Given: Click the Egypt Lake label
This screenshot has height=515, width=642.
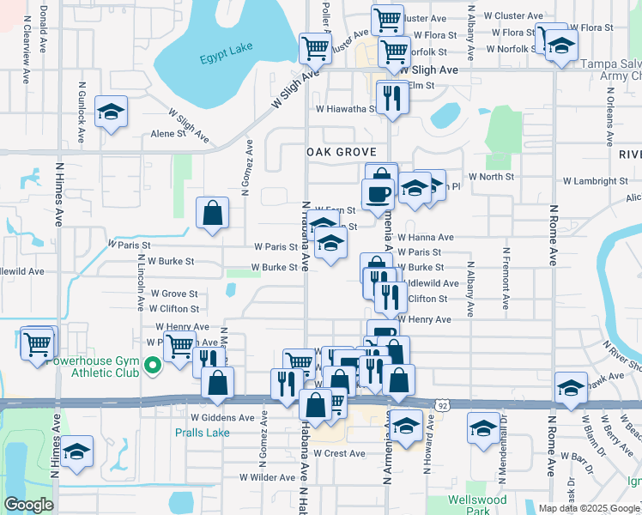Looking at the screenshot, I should click(227, 59).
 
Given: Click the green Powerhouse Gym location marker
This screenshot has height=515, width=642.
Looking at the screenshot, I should click(153, 367).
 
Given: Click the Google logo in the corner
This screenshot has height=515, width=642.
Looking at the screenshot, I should click(28, 505).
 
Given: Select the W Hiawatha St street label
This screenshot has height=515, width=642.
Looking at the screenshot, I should click(346, 109).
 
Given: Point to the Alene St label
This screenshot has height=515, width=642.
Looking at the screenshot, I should click(168, 134).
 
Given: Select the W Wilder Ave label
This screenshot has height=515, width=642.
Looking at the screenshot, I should click(267, 476).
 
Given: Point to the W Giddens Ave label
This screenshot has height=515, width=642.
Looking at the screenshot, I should click(222, 418).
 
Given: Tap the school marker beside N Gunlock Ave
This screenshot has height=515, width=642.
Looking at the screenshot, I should click(111, 113).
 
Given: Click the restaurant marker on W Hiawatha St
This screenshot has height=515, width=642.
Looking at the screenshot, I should click(392, 97).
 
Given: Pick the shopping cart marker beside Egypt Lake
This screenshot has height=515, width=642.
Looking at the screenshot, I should click(315, 49).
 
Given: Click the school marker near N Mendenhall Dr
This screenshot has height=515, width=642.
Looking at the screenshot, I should click(483, 427).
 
